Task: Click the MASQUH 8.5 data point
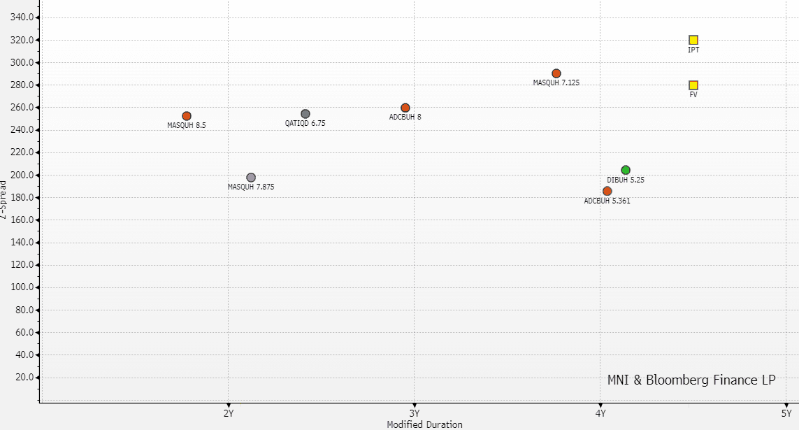(x=187, y=116)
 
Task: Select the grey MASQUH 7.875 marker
(x=251, y=178)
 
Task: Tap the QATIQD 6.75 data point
(x=305, y=114)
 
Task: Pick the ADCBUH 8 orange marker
(x=405, y=108)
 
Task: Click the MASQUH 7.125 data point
(x=556, y=73)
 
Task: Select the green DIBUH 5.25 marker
(x=626, y=170)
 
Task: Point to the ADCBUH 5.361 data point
(x=607, y=191)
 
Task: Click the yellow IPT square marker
(x=693, y=40)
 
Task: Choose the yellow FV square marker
(x=693, y=85)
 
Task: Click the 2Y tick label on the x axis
(x=228, y=413)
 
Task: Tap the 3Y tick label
(x=415, y=413)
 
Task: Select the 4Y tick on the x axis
(x=600, y=413)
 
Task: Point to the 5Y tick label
(x=786, y=413)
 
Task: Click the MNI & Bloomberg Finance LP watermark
(x=691, y=380)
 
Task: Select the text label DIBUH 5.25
(x=626, y=180)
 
